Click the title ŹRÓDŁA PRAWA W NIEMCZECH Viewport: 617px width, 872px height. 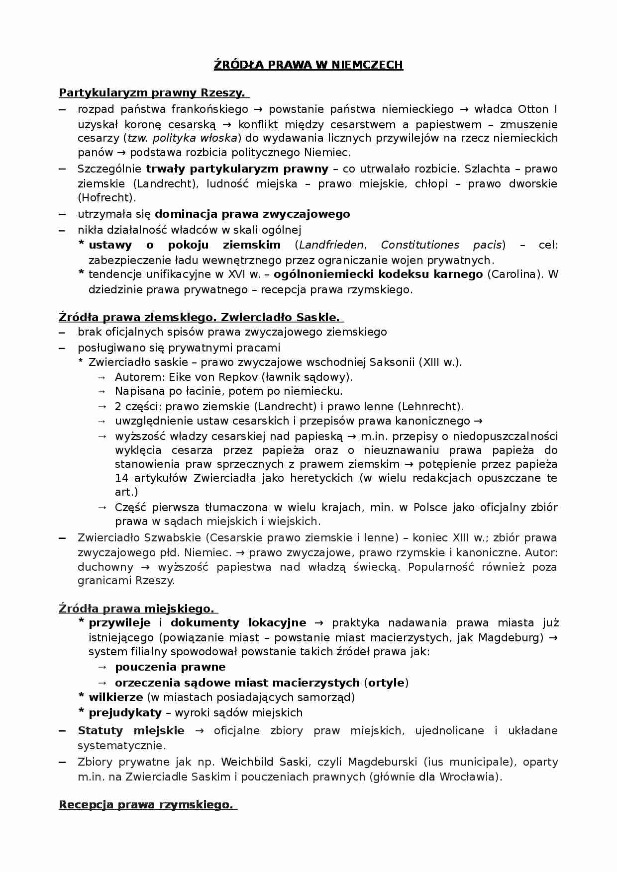pos(308,65)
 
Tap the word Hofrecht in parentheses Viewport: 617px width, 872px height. pos(106,198)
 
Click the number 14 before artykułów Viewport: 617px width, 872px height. pos(122,478)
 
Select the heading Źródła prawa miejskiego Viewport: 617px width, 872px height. pos(136,609)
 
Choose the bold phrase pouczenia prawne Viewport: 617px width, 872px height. pos(170,667)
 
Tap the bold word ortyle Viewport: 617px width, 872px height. pos(386,683)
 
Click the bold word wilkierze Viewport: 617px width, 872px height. pos(116,698)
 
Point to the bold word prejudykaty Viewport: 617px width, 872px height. pos(125,713)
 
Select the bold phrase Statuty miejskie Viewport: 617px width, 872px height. pos(131,731)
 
